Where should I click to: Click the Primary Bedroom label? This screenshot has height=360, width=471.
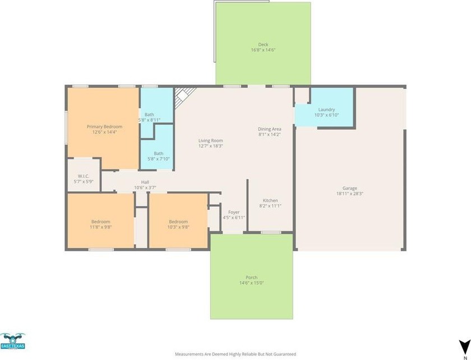pos(104,127)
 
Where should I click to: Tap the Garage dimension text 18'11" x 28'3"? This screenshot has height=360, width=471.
pos(350,194)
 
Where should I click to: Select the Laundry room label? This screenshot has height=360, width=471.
pos(326,110)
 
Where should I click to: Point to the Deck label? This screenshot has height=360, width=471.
pos(263,44)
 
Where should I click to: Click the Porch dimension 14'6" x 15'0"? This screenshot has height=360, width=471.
pos(251,283)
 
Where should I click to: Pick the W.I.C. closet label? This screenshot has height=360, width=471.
pos(83,176)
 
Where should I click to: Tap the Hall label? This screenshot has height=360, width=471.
pos(145,182)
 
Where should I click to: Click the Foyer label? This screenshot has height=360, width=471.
pos(234,212)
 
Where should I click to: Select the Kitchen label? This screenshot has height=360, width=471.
pos(270,200)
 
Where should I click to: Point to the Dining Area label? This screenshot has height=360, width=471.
pos(270,129)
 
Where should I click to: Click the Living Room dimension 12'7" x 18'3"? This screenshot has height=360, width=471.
pos(211,146)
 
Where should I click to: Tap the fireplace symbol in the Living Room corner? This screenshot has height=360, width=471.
pos(184,96)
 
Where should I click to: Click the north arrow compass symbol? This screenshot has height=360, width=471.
pos(465,345)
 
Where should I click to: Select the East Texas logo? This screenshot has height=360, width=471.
pos(12,341)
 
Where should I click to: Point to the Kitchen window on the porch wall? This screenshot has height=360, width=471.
pos(271,232)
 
